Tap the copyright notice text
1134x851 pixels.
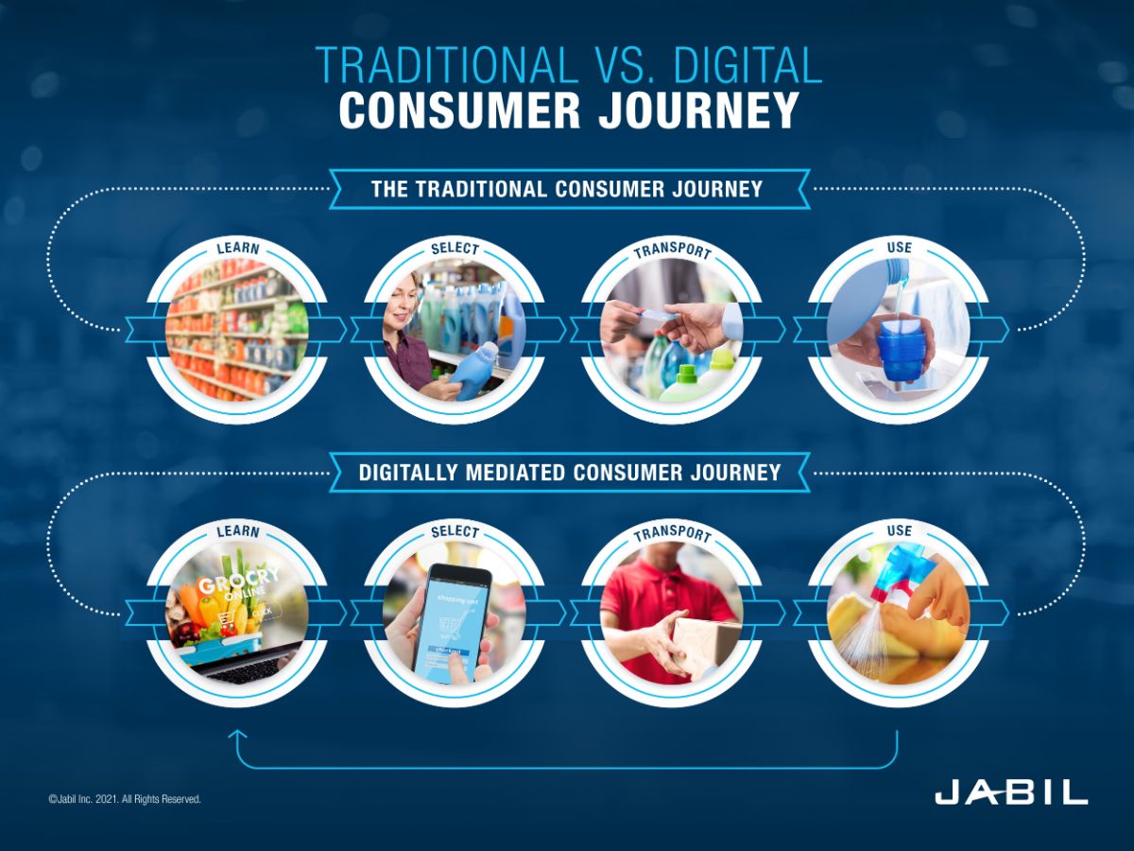click(x=125, y=799)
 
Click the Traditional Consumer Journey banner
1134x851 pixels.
click(x=567, y=189)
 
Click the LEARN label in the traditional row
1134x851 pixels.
click(x=237, y=249)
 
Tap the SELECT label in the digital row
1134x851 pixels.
click(x=455, y=532)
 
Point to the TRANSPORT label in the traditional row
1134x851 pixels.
click(x=672, y=251)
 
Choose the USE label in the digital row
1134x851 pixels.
click(x=899, y=530)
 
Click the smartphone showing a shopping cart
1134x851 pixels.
click(x=453, y=620)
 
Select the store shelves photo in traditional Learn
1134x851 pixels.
click(x=236, y=331)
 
